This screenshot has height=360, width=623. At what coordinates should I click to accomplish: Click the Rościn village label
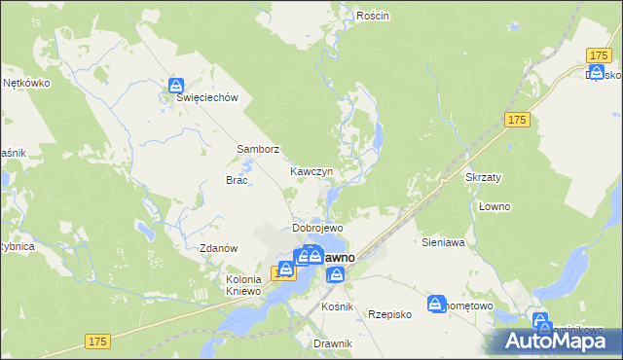point(373,16)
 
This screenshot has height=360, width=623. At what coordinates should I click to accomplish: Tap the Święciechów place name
point(206,97)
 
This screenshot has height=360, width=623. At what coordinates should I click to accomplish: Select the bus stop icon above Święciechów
point(175,86)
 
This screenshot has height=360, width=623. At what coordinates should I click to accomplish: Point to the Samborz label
point(258,150)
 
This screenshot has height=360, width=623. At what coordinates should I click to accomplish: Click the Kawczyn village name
point(311,171)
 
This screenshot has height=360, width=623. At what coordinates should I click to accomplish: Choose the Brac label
point(238,180)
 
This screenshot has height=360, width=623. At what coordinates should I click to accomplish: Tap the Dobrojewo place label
point(314,228)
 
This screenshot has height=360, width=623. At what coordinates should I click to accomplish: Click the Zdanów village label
point(219,248)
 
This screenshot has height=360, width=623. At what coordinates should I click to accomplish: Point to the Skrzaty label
point(484,178)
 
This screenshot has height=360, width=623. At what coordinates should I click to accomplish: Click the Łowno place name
point(495,206)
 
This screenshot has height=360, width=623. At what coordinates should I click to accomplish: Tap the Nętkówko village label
point(26,83)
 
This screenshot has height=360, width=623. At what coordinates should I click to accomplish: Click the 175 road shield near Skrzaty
point(517,119)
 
